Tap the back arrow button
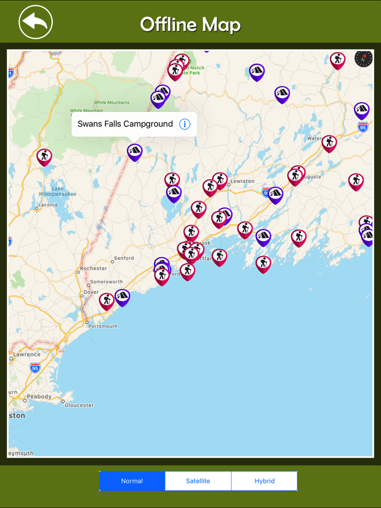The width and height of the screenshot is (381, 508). click(35, 22)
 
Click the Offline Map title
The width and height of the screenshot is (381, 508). click(190, 24)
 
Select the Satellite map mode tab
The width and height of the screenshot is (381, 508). click(198, 481)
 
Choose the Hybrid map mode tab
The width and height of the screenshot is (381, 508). click(265, 481)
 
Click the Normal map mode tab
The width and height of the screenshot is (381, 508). click(132, 481)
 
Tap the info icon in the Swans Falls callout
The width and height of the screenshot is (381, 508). click(185, 124)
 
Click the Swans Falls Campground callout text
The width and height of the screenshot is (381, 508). click(125, 124)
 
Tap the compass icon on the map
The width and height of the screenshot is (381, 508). click(364, 59)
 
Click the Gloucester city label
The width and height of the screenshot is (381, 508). click(79, 405)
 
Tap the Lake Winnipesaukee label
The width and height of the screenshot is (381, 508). click(57, 191)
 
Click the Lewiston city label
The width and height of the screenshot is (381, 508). click(242, 181)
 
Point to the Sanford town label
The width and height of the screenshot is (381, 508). click(123, 258)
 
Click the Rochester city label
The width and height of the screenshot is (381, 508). click(93, 269)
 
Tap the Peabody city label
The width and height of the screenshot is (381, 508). click(39, 397)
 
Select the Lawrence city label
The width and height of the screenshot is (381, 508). click(27, 355)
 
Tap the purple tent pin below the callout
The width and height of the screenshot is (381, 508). click(134, 152)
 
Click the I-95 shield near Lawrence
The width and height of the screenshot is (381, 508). click(35, 368)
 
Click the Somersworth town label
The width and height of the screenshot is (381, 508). click(106, 282)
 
